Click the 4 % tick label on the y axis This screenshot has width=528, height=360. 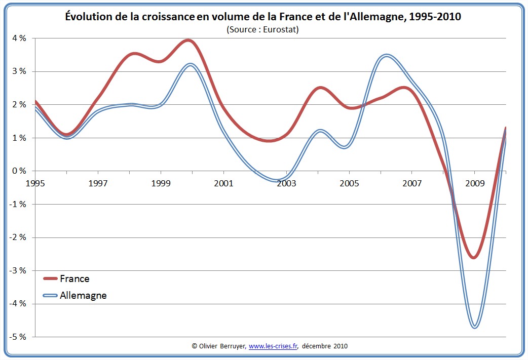click(x=19, y=38)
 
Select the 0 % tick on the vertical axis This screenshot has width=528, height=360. click(x=19, y=171)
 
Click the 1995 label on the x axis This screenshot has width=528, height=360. click(x=35, y=183)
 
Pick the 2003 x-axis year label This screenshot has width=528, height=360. click(x=286, y=183)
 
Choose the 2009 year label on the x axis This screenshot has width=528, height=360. click(x=475, y=183)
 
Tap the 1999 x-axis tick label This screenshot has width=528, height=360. click(x=161, y=183)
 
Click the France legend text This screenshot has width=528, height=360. click(x=74, y=278)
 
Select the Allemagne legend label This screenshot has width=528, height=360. click(x=83, y=295)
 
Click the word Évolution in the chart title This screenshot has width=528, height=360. click(x=91, y=17)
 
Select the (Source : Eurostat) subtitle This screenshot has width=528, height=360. click(x=263, y=29)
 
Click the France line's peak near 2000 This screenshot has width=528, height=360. click(x=189, y=41)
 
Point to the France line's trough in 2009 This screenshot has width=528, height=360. click(x=474, y=257)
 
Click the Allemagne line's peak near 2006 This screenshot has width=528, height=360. click(x=387, y=55)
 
